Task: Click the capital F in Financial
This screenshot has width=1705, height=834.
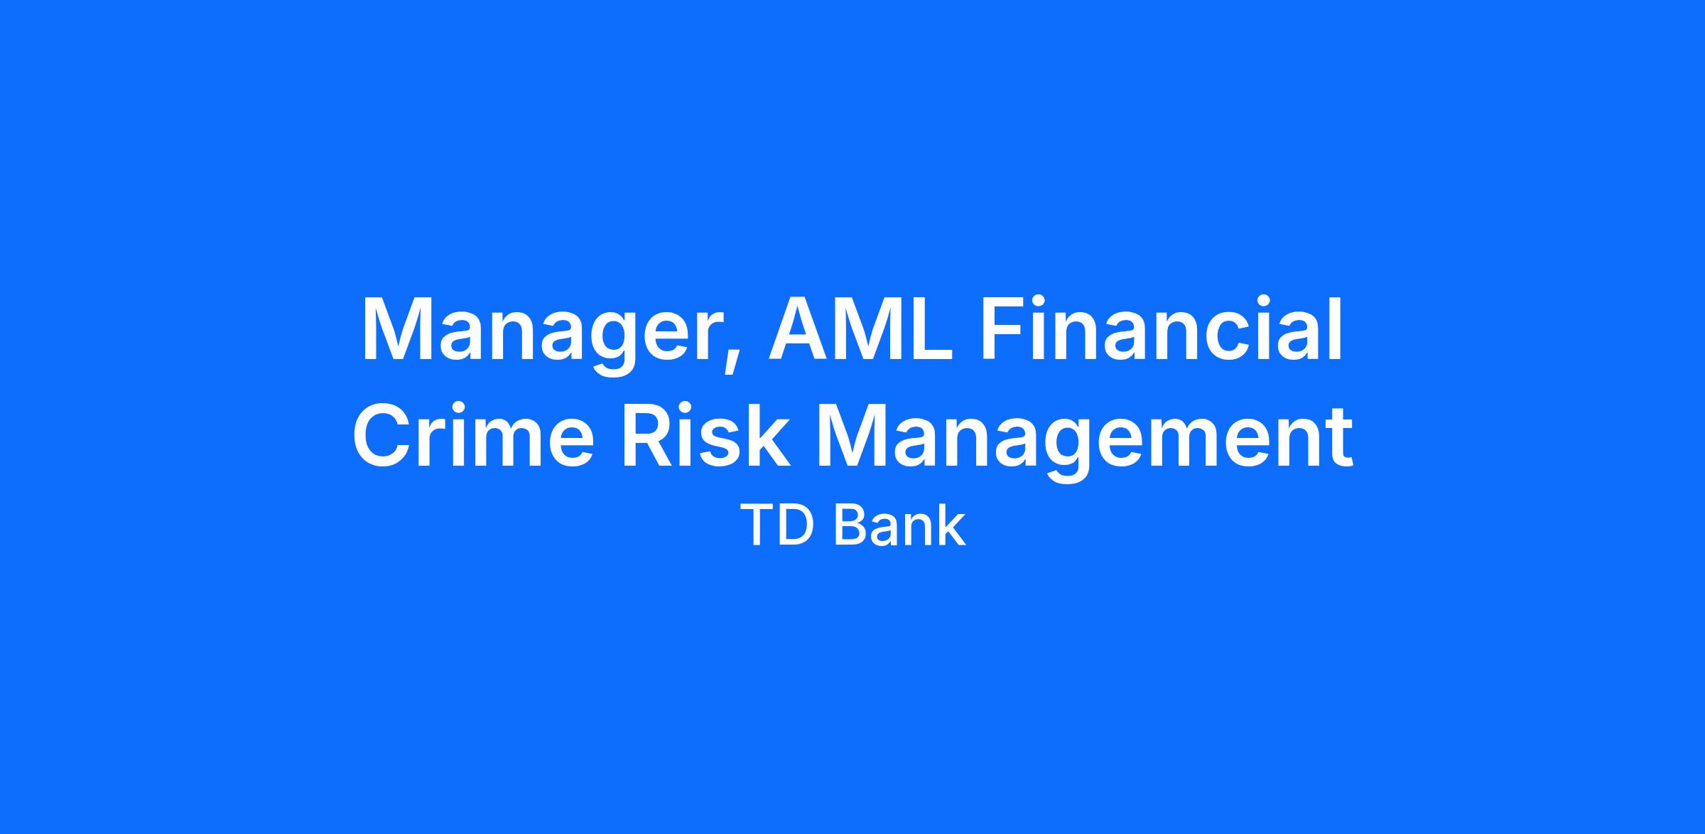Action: (x=1005, y=328)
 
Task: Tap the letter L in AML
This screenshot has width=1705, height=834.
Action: (x=931, y=328)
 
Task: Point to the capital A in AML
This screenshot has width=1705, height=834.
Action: (x=801, y=328)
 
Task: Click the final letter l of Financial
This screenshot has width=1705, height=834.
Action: (x=1335, y=327)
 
